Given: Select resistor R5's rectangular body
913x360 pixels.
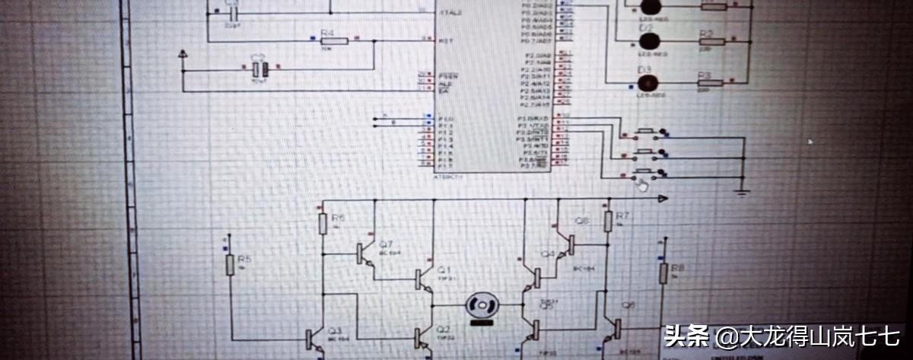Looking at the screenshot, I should pos(231,265).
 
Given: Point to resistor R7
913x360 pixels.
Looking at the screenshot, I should pos(608,221).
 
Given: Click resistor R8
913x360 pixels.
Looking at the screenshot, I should pos(663,272).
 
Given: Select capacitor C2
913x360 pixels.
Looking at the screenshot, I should pos(259,69).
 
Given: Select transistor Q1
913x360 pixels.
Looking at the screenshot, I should pos(422,279).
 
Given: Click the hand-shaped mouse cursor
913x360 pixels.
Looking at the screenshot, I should pos(644,184).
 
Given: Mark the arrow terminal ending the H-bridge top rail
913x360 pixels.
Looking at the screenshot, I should pos(663,199).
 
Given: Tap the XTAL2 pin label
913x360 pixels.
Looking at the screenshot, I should pos(448,13).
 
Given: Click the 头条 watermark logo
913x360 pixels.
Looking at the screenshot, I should pos(688,336).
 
